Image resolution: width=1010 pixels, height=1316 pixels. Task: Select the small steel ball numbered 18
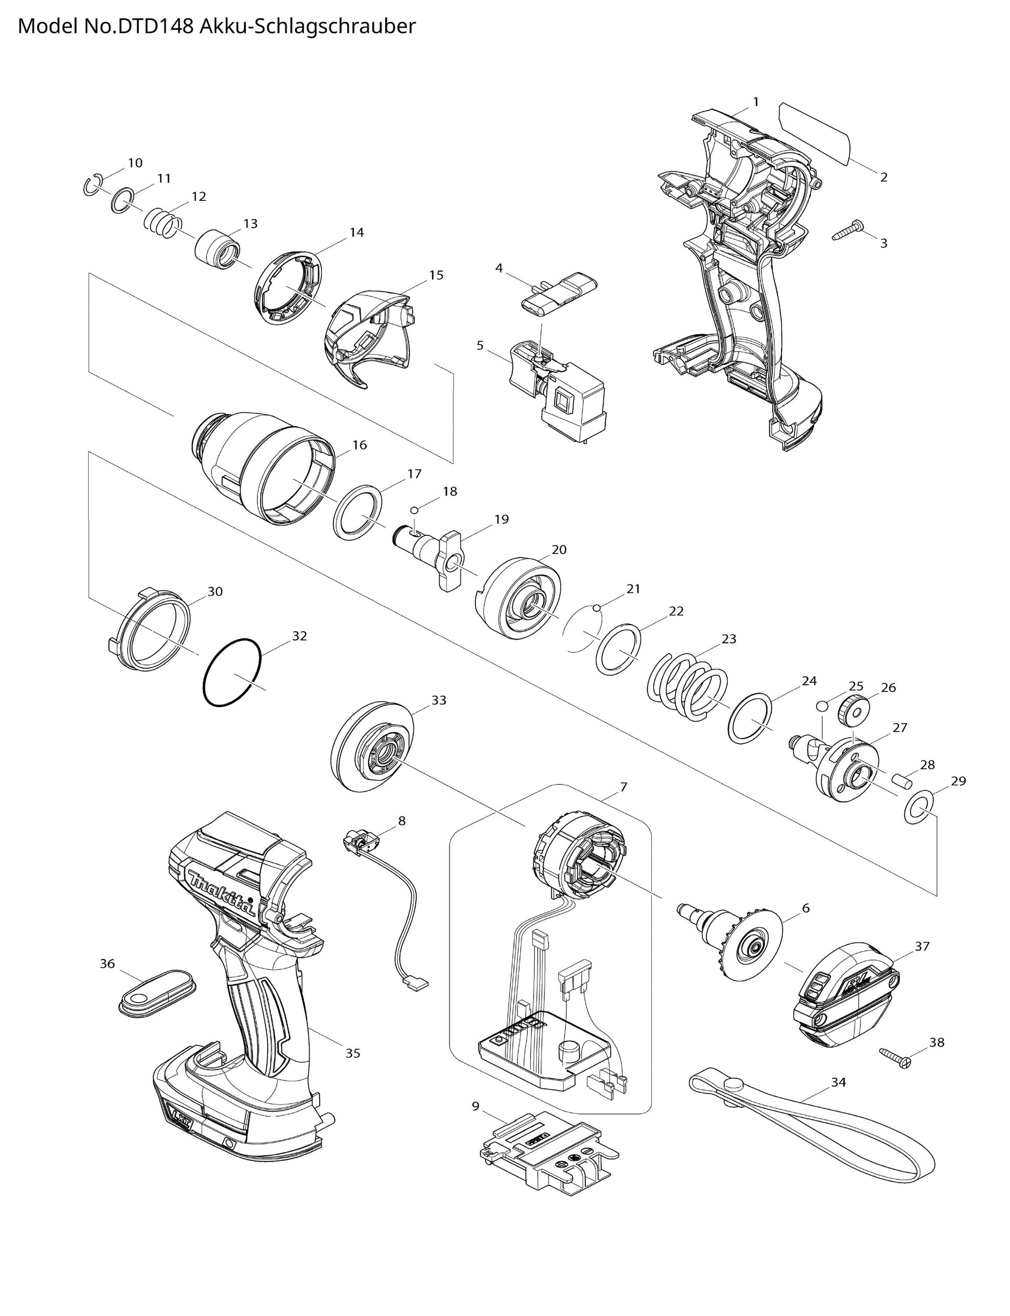414,510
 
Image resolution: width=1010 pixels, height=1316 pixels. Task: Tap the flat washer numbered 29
919,808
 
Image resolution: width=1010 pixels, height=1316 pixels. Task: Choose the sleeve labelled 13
217,248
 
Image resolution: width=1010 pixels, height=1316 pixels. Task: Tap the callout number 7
623,786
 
